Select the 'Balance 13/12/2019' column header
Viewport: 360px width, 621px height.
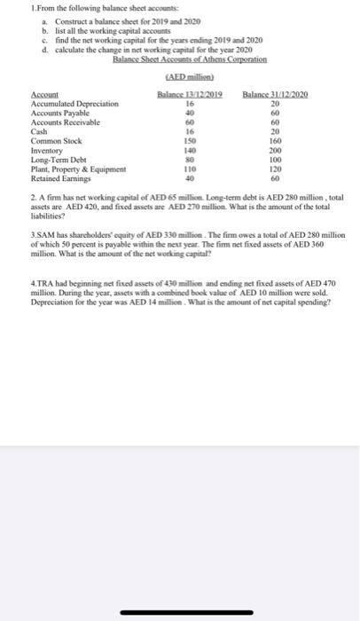(x=189, y=93)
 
